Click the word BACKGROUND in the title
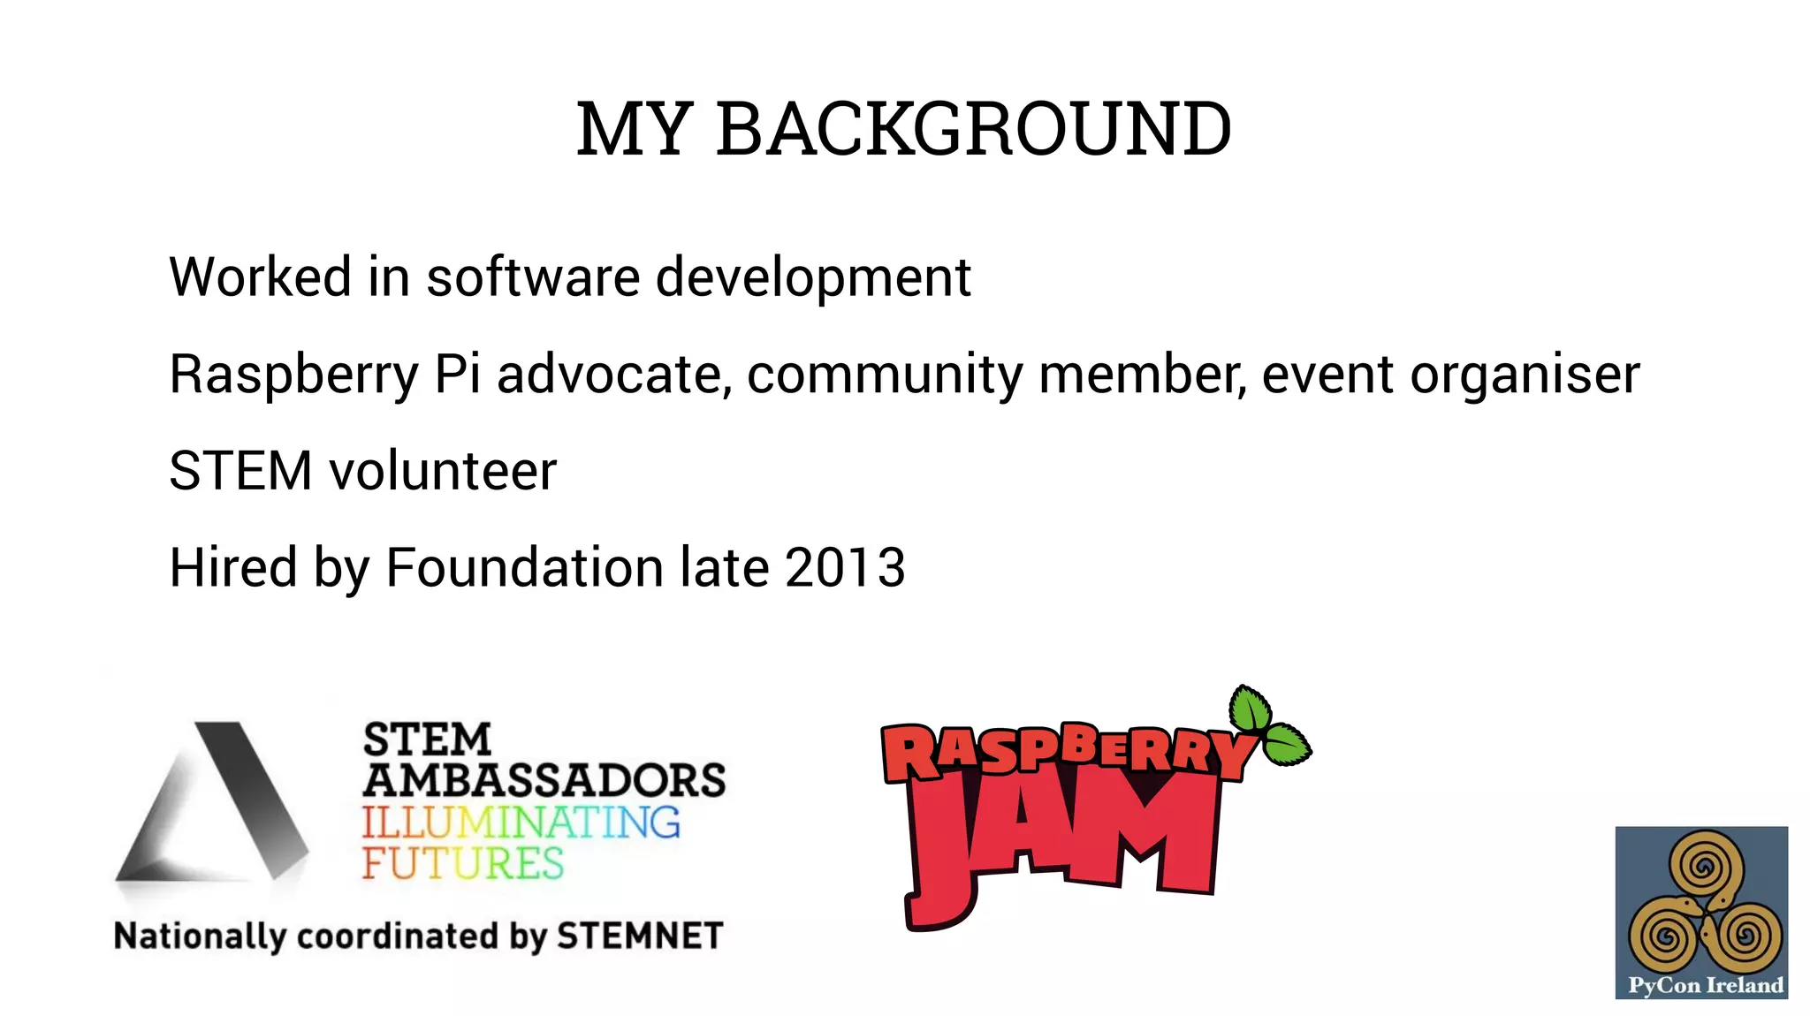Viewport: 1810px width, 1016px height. point(973,129)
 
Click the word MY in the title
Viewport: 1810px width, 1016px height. point(633,130)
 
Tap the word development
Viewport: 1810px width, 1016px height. point(813,278)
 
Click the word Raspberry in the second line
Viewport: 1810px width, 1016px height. point(293,375)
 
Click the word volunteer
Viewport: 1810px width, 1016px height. point(443,471)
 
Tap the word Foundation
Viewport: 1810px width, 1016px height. point(525,567)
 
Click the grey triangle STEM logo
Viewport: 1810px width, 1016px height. point(212,803)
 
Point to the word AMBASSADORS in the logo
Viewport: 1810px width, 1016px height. point(544,780)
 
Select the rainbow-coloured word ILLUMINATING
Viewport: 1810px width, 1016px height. point(521,823)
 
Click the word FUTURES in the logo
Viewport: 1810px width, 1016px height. point(462,863)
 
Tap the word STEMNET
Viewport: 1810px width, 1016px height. point(640,936)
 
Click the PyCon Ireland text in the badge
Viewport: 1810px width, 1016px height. point(1706,985)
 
